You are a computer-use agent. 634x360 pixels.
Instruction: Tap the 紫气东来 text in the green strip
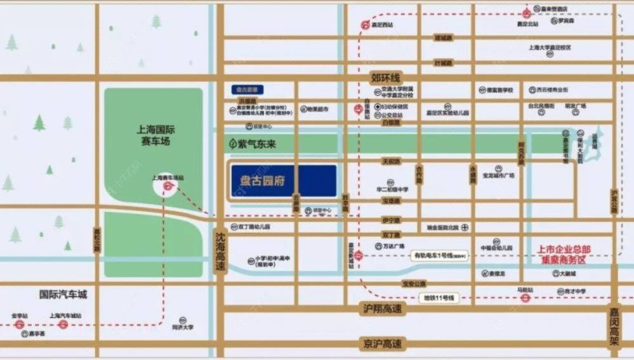(257, 145)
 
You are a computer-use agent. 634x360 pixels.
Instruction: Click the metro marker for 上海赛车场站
(168, 186)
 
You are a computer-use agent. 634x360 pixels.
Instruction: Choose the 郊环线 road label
(387, 77)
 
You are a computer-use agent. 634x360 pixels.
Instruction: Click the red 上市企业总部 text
(564, 250)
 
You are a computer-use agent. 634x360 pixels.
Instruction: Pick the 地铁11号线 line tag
(440, 297)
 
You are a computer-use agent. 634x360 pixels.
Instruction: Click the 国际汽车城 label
(63, 295)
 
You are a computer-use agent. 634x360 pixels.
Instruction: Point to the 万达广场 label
(395, 246)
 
